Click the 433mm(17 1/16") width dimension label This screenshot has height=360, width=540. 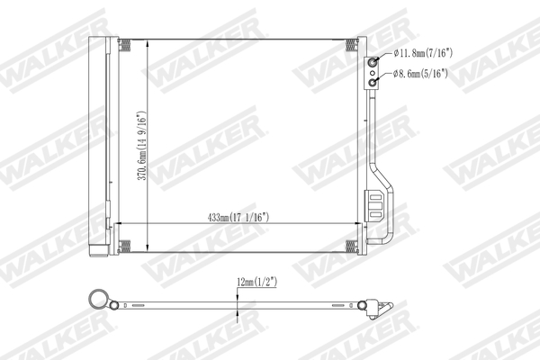238,217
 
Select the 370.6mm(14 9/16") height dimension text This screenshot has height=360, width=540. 140,148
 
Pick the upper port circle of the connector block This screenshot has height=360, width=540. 372,62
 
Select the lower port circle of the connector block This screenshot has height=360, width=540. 372,81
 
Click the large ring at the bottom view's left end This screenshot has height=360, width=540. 97,301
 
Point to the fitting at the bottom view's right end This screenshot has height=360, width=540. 376,307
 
